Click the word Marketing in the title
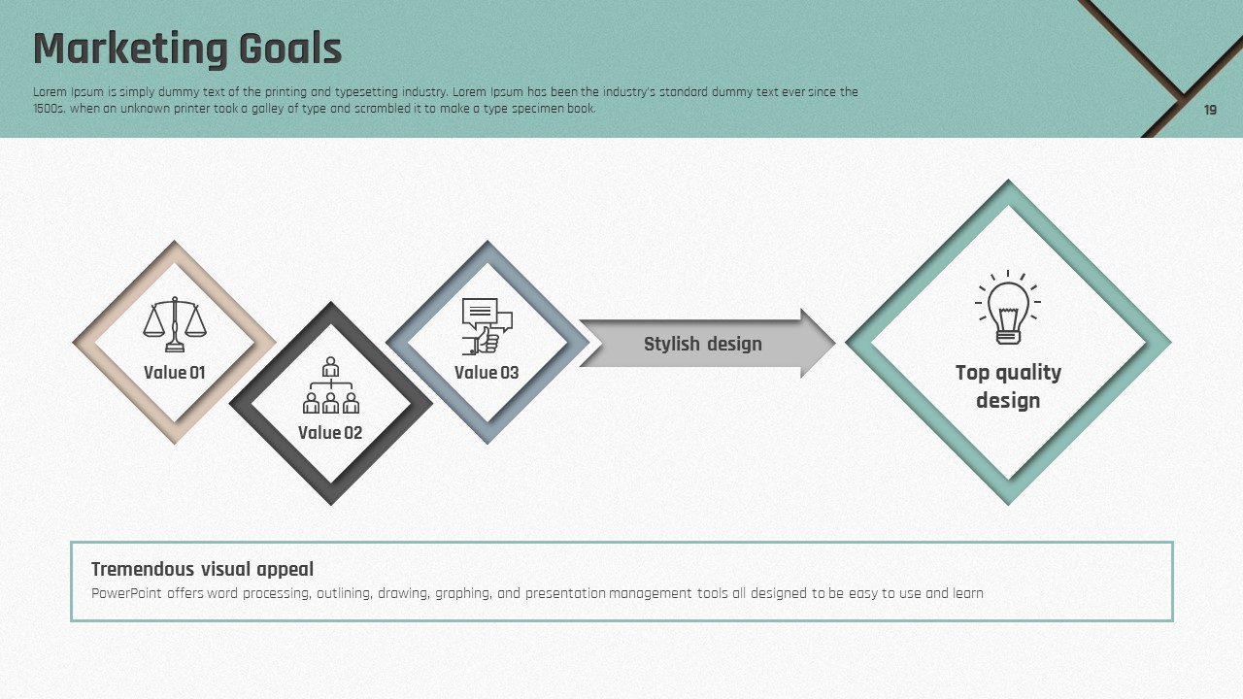coord(130,50)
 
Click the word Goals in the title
coord(290,49)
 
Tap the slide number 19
coord(1210,110)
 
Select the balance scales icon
coord(175,324)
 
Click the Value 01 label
coord(174,372)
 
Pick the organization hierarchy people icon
coord(331,385)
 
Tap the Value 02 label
coord(330,433)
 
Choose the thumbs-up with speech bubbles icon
coord(487,326)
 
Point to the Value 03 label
coord(487,372)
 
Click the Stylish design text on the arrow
coord(702,344)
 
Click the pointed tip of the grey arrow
coord(834,344)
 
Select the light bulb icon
coord(1008,308)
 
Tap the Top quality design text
coord(1008,386)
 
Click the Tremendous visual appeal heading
coord(203,569)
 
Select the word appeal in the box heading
coord(286,570)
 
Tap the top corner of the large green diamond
coord(1008,181)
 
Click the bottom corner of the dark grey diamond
coord(331,504)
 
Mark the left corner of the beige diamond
coord(73,343)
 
